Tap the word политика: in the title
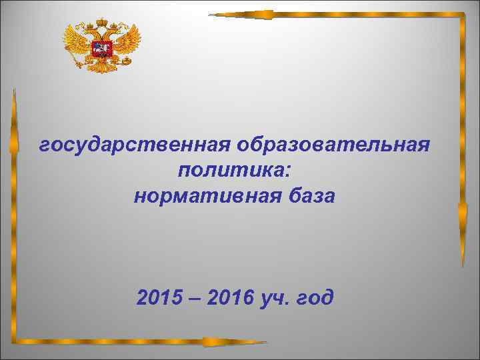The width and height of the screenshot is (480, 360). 234,171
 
